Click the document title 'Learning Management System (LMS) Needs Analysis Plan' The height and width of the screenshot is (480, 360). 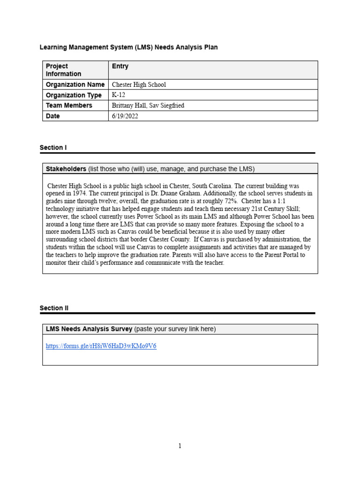[x=128, y=47]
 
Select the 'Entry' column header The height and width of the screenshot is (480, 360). [x=120, y=67]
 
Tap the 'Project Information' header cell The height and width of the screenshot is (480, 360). [x=63, y=70]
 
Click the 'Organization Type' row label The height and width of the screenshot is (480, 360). [x=74, y=95]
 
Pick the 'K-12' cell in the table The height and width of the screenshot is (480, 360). [x=119, y=95]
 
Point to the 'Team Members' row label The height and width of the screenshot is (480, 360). [x=69, y=105]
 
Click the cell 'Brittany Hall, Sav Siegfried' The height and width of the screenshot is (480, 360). [x=148, y=106]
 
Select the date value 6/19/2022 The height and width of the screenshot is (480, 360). [x=125, y=116]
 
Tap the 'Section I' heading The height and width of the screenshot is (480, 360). [x=53, y=148]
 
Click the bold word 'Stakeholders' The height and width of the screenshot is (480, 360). [x=66, y=169]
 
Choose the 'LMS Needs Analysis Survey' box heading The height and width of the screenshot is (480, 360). [x=89, y=329]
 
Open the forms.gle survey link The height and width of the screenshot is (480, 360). [x=101, y=346]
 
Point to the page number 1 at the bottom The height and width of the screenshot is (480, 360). [x=180, y=446]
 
